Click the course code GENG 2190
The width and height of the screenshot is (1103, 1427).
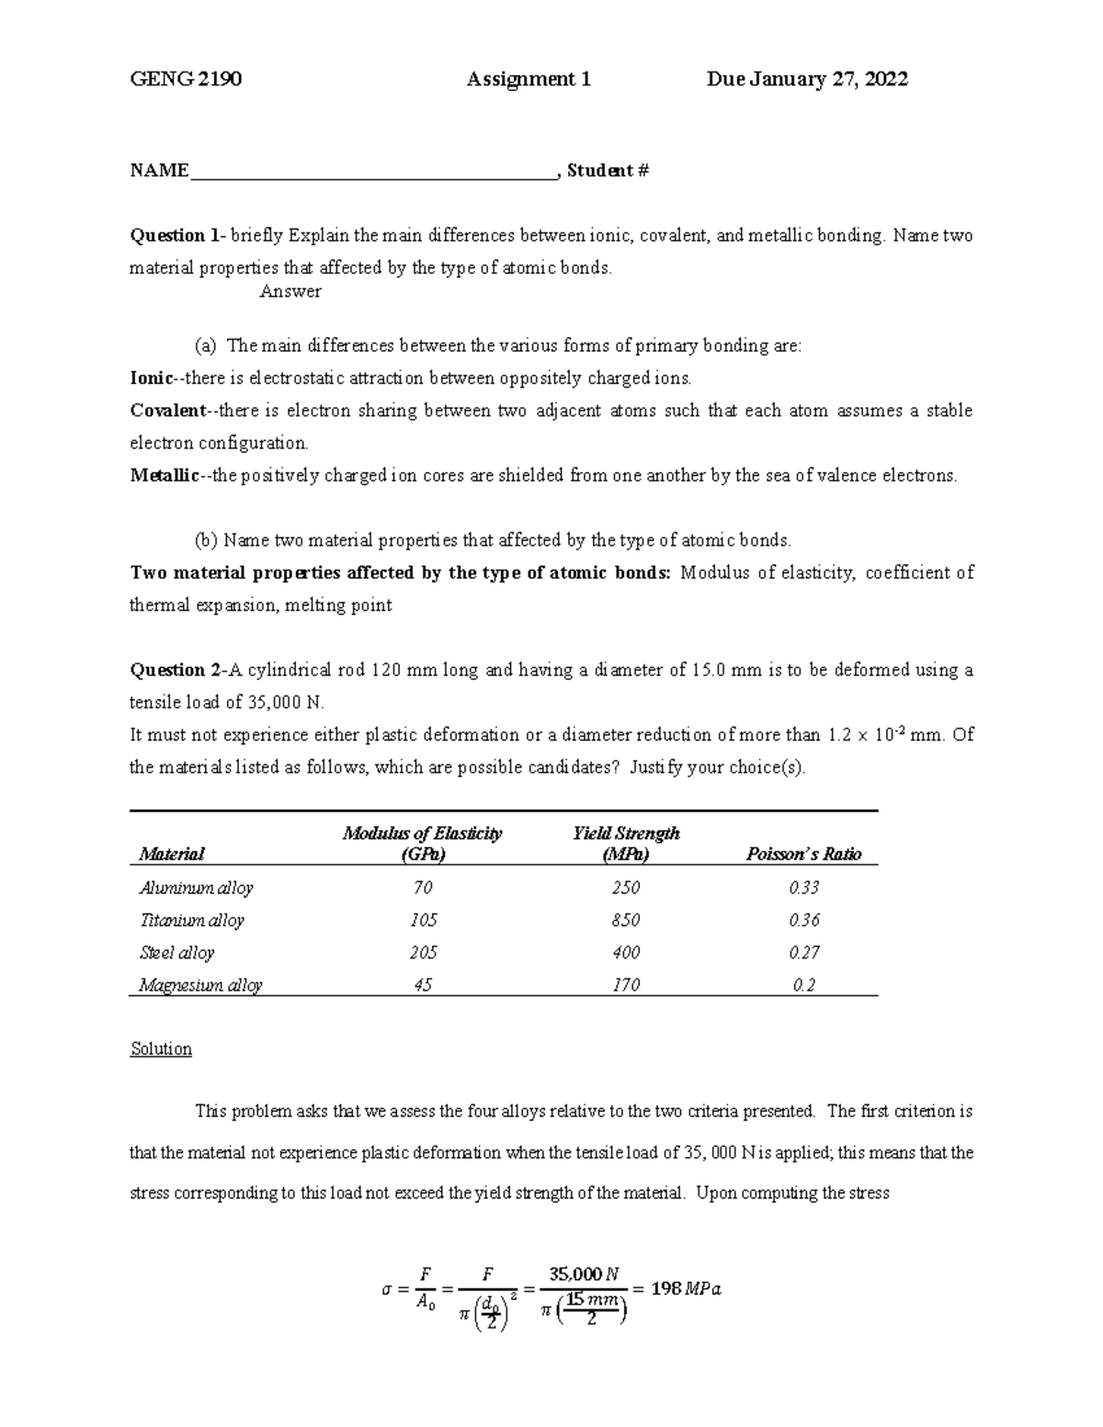click(x=186, y=80)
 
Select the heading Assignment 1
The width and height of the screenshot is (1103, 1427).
click(x=529, y=80)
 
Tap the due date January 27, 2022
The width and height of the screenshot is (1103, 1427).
click(x=807, y=80)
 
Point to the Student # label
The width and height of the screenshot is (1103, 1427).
click(x=608, y=171)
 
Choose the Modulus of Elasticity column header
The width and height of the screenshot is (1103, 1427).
click(x=422, y=844)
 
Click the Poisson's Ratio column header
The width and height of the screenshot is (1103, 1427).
click(x=803, y=855)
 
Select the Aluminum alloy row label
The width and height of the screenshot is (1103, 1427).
click(x=196, y=888)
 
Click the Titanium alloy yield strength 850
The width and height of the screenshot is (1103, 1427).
click(x=626, y=920)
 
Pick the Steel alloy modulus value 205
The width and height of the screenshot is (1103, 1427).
click(x=423, y=953)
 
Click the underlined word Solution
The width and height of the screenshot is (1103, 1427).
click(x=161, y=1049)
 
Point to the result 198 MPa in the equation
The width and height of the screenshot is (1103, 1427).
click(x=686, y=1288)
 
